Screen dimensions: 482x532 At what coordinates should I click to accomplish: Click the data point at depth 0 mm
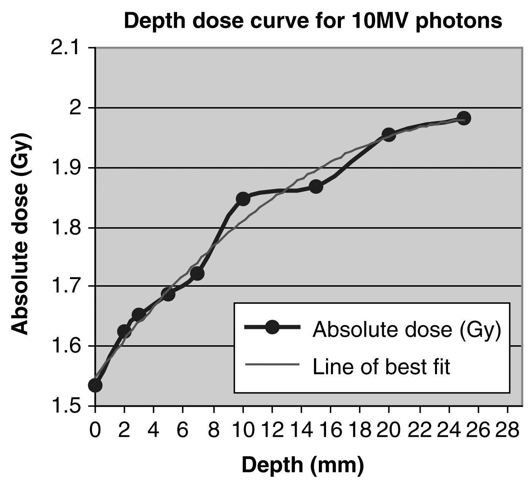click(x=95, y=385)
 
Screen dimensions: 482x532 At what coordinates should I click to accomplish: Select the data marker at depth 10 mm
click(x=243, y=199)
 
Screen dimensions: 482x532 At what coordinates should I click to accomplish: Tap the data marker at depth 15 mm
click(x=316, y=186)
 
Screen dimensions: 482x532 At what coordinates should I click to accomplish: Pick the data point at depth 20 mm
click(x=388, y=134)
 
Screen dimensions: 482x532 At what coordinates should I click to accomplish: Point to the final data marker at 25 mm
click(x=464, y=118)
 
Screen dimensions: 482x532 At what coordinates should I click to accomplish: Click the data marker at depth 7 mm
click(x=197, y=273)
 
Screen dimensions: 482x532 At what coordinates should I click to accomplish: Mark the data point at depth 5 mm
click(x=168, y=294)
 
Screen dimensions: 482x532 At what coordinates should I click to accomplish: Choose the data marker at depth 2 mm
click(x=124, y=331)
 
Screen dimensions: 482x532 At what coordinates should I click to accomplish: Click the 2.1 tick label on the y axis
click(x=68, y=48)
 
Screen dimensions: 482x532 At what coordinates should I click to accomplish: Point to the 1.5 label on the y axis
click(x=68, y=406)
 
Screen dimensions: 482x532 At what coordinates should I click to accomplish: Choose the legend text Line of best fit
click(x=381, y=367)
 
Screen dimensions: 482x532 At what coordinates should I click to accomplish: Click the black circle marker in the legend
click(x=272, y=327)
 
